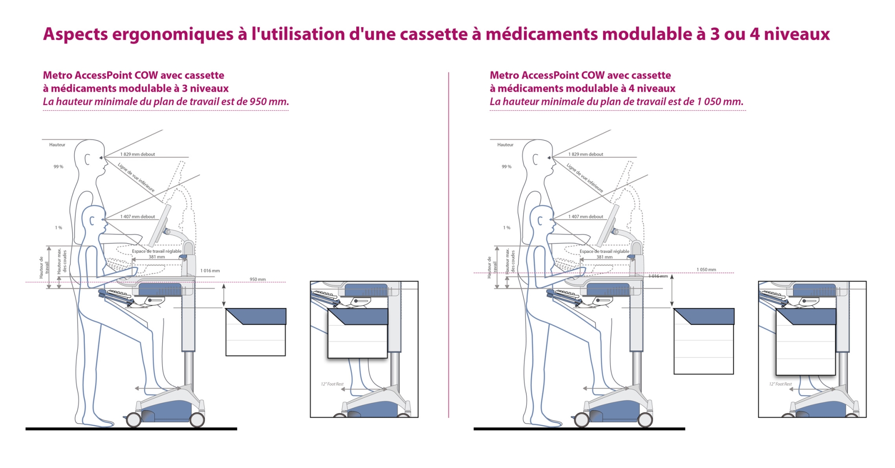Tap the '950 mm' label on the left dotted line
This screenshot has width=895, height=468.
tap(257, 279)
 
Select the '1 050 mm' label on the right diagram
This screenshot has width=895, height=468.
tap(706, 270)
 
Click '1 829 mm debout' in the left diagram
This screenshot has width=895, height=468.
tap(138, 154)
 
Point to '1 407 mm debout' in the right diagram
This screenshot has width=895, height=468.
tap(585, 217)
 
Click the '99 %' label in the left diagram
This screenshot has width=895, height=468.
tap(58, 167)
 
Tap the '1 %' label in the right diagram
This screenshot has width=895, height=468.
tap(507, 228)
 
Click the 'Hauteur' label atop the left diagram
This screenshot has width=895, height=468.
tap(57, 145)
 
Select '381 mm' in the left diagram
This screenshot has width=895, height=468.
tap(157, 257)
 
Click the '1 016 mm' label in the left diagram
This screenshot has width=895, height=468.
tap(210, 271)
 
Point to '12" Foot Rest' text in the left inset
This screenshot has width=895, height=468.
tap(332, 384)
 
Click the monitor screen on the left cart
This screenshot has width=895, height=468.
tap(159, 226)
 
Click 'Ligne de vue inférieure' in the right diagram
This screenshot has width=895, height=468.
tap(585, 178)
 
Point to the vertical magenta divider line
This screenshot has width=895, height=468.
tap(448, 243)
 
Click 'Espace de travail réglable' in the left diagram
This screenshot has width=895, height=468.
tap(157, 251)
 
